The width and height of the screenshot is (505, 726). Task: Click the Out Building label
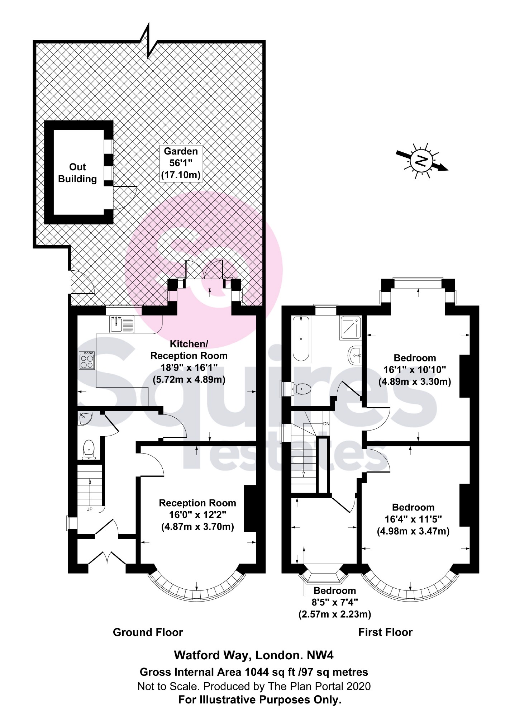pos(77,173)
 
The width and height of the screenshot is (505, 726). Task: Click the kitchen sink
pos(122,324)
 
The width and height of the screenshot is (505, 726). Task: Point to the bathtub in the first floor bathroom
pos(301,338)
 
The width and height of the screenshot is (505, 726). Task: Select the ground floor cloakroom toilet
pos(89,450)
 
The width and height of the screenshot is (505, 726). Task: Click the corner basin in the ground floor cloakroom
pos(85,418)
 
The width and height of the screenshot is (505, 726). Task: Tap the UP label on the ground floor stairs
pos(89,509)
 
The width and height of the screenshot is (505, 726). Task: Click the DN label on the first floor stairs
pos(326,423)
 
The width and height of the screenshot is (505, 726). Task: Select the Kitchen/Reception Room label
pos(189,350)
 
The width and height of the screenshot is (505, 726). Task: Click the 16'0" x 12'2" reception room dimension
pos(197,515)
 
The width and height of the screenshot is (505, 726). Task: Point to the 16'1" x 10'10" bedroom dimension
pos(415,370)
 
